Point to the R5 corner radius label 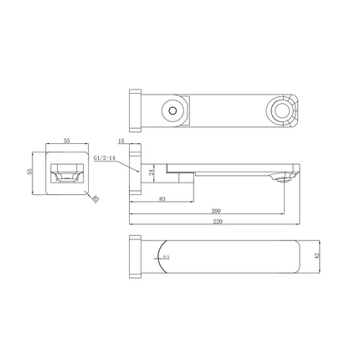95,198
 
